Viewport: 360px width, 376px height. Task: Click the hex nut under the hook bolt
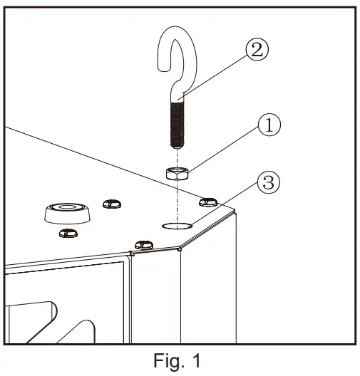(x=175, y=173)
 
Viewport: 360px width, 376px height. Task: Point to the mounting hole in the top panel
(x=176, y=226)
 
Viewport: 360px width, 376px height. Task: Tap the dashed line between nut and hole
(x=175, y=199)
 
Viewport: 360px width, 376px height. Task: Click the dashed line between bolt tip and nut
(x=175, y=156)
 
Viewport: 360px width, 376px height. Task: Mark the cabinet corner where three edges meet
(x=180, y=249)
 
